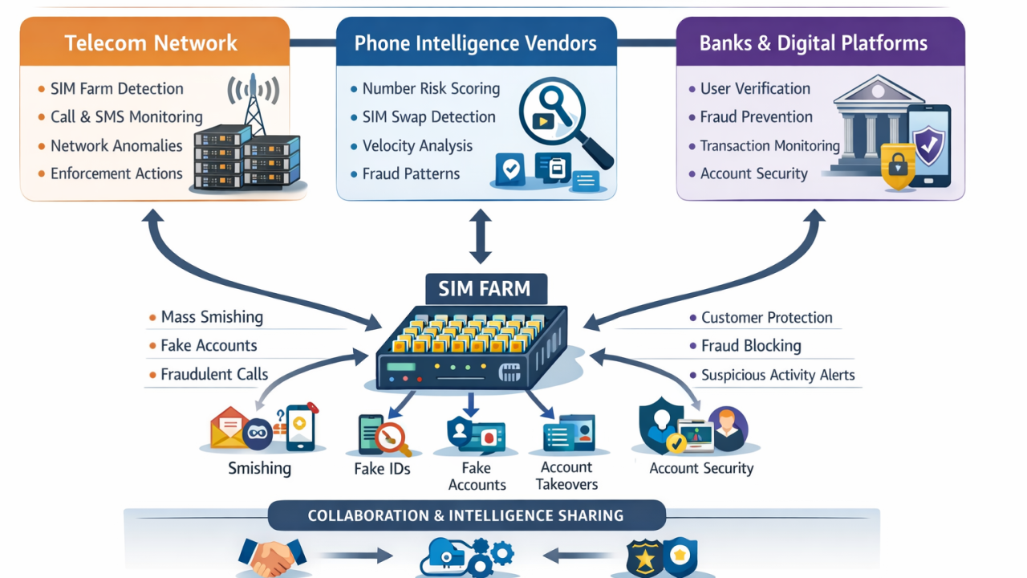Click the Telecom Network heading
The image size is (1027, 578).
151,43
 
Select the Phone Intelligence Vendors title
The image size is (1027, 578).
475,43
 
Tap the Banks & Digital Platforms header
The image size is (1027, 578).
813,43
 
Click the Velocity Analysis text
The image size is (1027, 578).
417,146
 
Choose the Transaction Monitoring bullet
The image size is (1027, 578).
769,146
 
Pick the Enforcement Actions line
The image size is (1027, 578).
116,173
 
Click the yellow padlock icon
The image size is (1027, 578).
897,167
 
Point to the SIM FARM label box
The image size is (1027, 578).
484,289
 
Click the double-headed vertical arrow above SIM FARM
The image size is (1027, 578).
480,236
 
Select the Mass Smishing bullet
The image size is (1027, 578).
212,317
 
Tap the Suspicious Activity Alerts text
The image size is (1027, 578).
777,375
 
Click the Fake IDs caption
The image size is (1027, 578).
382,469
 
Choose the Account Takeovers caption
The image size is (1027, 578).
566,476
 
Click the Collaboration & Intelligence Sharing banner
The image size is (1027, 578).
466,515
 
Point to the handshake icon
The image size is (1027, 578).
272,557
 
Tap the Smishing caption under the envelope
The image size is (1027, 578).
259,468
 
